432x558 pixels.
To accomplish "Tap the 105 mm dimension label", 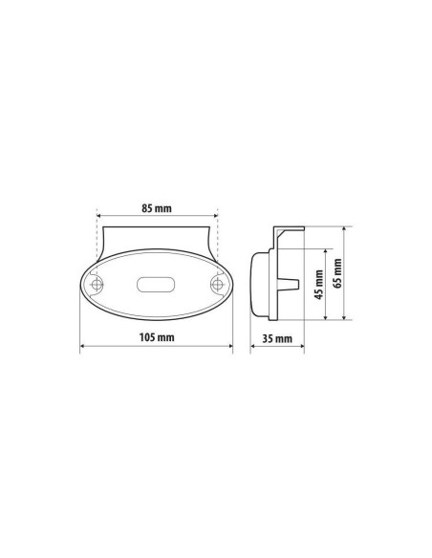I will [x=157, y=337].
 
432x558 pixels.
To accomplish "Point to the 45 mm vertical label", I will [x=318, y=285].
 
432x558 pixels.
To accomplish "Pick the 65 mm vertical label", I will [x=336, y=274].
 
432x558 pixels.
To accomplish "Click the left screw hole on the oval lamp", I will [x=97, y=286].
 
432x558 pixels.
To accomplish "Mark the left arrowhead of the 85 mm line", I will [x=98, y=214].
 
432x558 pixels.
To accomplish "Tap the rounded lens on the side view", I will [x=258, y=285].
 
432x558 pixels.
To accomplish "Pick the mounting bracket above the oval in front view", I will [x=157, y=234].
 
